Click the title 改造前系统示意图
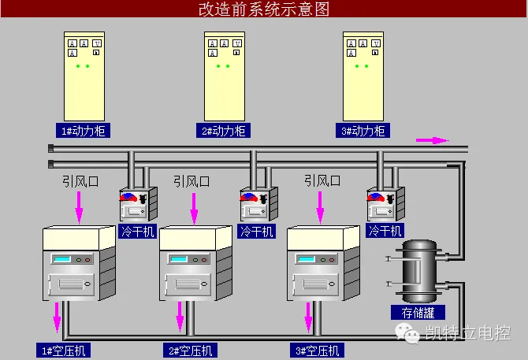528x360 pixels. [262, 9]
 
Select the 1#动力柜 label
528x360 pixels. [84, 131]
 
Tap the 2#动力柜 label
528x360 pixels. [224, 131]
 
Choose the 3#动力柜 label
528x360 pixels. [363, 131]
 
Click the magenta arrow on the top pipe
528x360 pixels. [432, 140]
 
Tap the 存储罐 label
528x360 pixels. [418, 313]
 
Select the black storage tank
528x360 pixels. [417, 272]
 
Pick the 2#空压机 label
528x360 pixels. [190, 351]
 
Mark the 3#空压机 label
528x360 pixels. [318, 351]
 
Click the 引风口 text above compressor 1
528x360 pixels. [81, 181]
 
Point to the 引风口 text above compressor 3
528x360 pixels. [323, 181]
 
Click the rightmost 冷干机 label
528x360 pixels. [386, 231]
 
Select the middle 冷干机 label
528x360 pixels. [257, 231]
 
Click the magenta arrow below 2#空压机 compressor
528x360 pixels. [180, 319]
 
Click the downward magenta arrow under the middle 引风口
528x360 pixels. [194, 210]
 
